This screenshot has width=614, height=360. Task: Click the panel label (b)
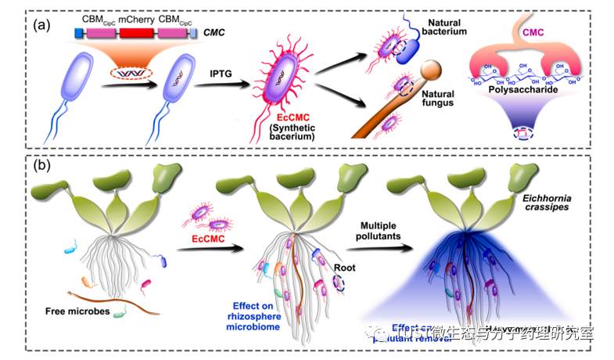[x=41, y=166]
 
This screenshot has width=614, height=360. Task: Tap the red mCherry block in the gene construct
[x=136, y=34]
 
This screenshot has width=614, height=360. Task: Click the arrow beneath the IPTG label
[x=221, y=88]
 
